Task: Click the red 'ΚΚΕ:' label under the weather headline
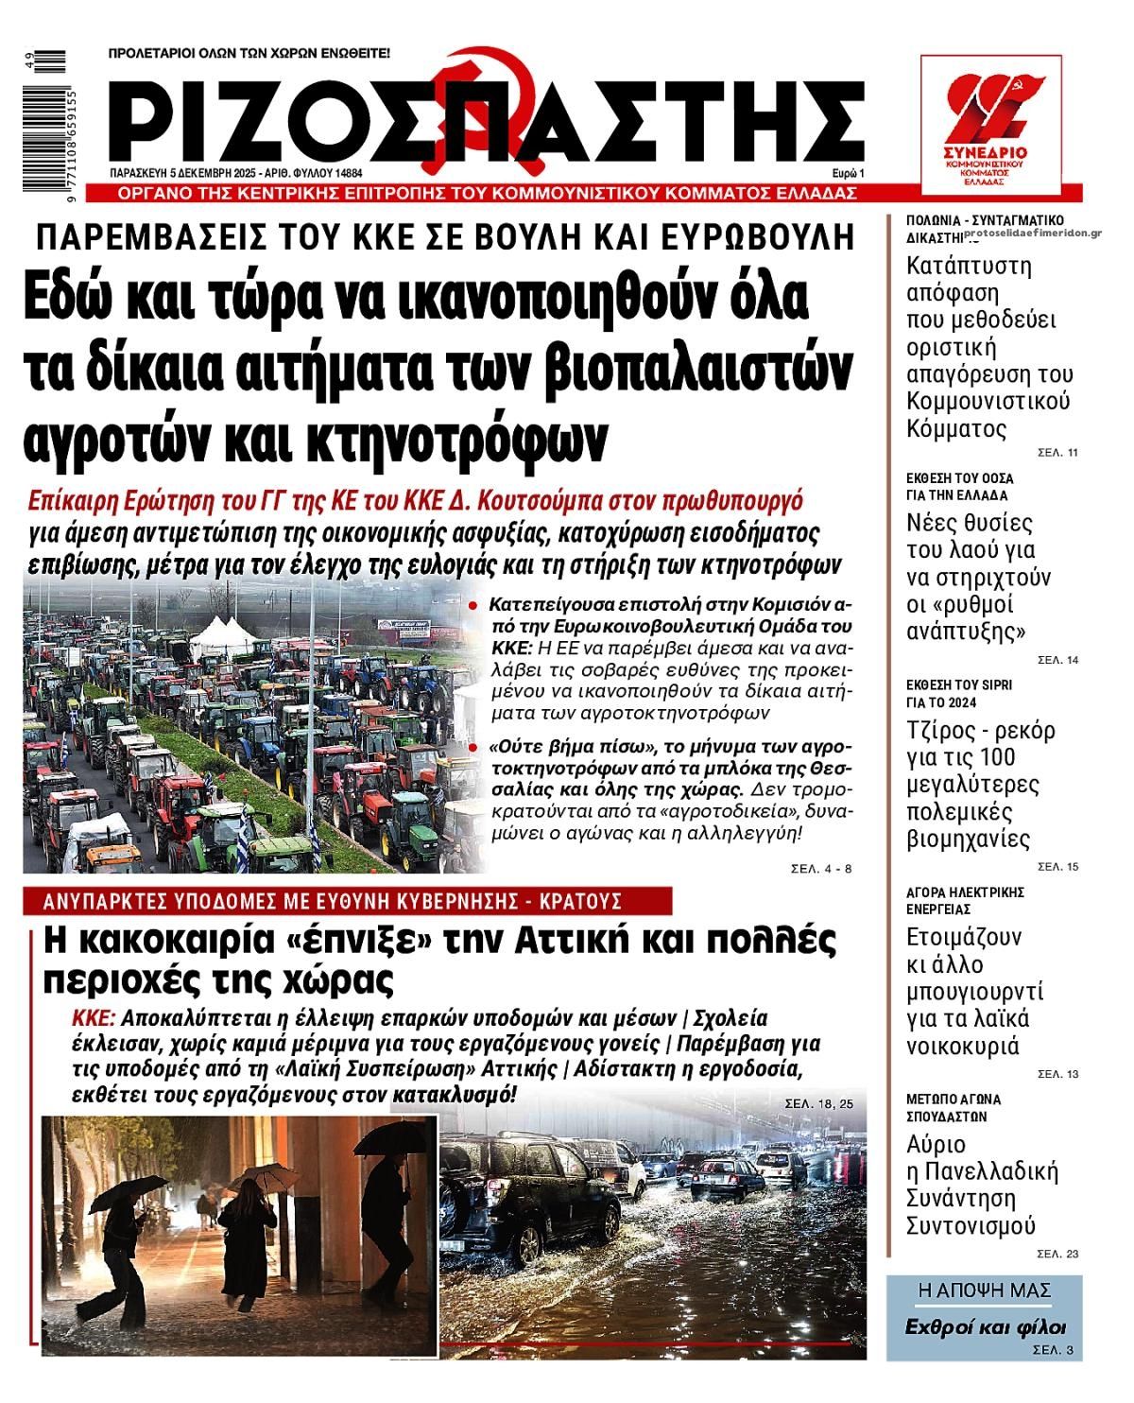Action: pos(94,1020)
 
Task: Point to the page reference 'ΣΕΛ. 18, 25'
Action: pos(818,1103)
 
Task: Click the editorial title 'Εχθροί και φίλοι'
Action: pos(985,1325)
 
